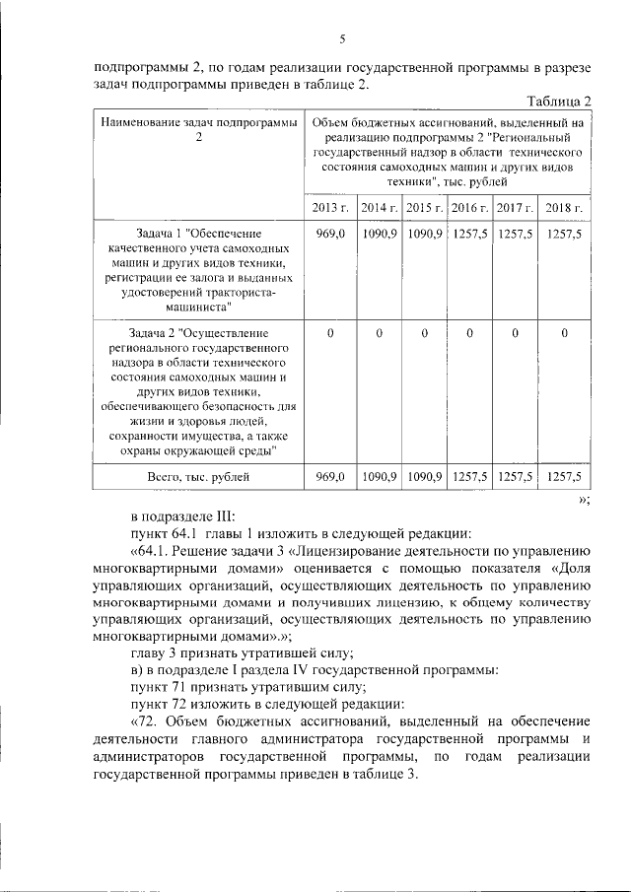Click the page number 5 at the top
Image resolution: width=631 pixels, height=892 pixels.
coord(341,39)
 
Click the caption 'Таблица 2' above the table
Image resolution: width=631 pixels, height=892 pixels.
coord(559,102)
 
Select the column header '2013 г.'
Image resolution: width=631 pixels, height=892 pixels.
coord(330,208)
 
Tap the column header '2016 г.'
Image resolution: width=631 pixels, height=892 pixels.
coord(469,208)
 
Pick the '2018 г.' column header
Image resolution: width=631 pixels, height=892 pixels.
coord(565,208)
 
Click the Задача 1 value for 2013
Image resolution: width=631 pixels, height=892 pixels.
coord(329,234)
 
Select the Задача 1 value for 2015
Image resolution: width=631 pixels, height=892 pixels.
coord(424,234)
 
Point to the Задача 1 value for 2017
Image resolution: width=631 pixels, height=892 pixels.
coord(515,234)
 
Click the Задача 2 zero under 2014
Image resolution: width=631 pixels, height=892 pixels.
coord(378,334)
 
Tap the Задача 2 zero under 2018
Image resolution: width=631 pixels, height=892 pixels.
coord(564,334)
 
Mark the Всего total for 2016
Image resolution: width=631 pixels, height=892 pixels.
coord(469,476)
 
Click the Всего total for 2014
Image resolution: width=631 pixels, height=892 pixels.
coord(379,476)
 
